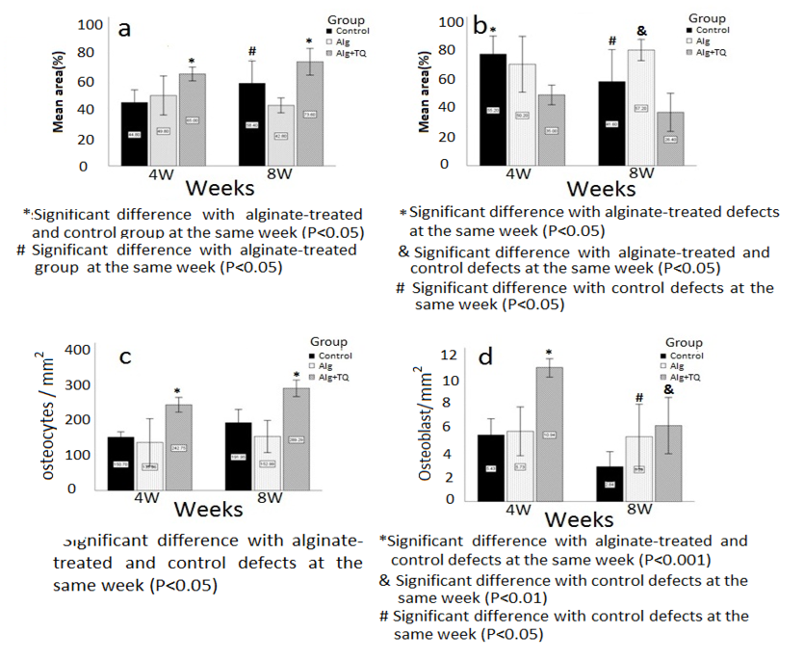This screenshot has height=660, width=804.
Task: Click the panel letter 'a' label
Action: tap(124, 28)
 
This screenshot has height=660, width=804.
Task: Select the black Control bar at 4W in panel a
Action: tap(135, 134)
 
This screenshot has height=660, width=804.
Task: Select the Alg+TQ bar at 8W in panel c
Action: tap(297, 438)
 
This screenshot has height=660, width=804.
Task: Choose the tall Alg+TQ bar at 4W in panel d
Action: tap(550, 433)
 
